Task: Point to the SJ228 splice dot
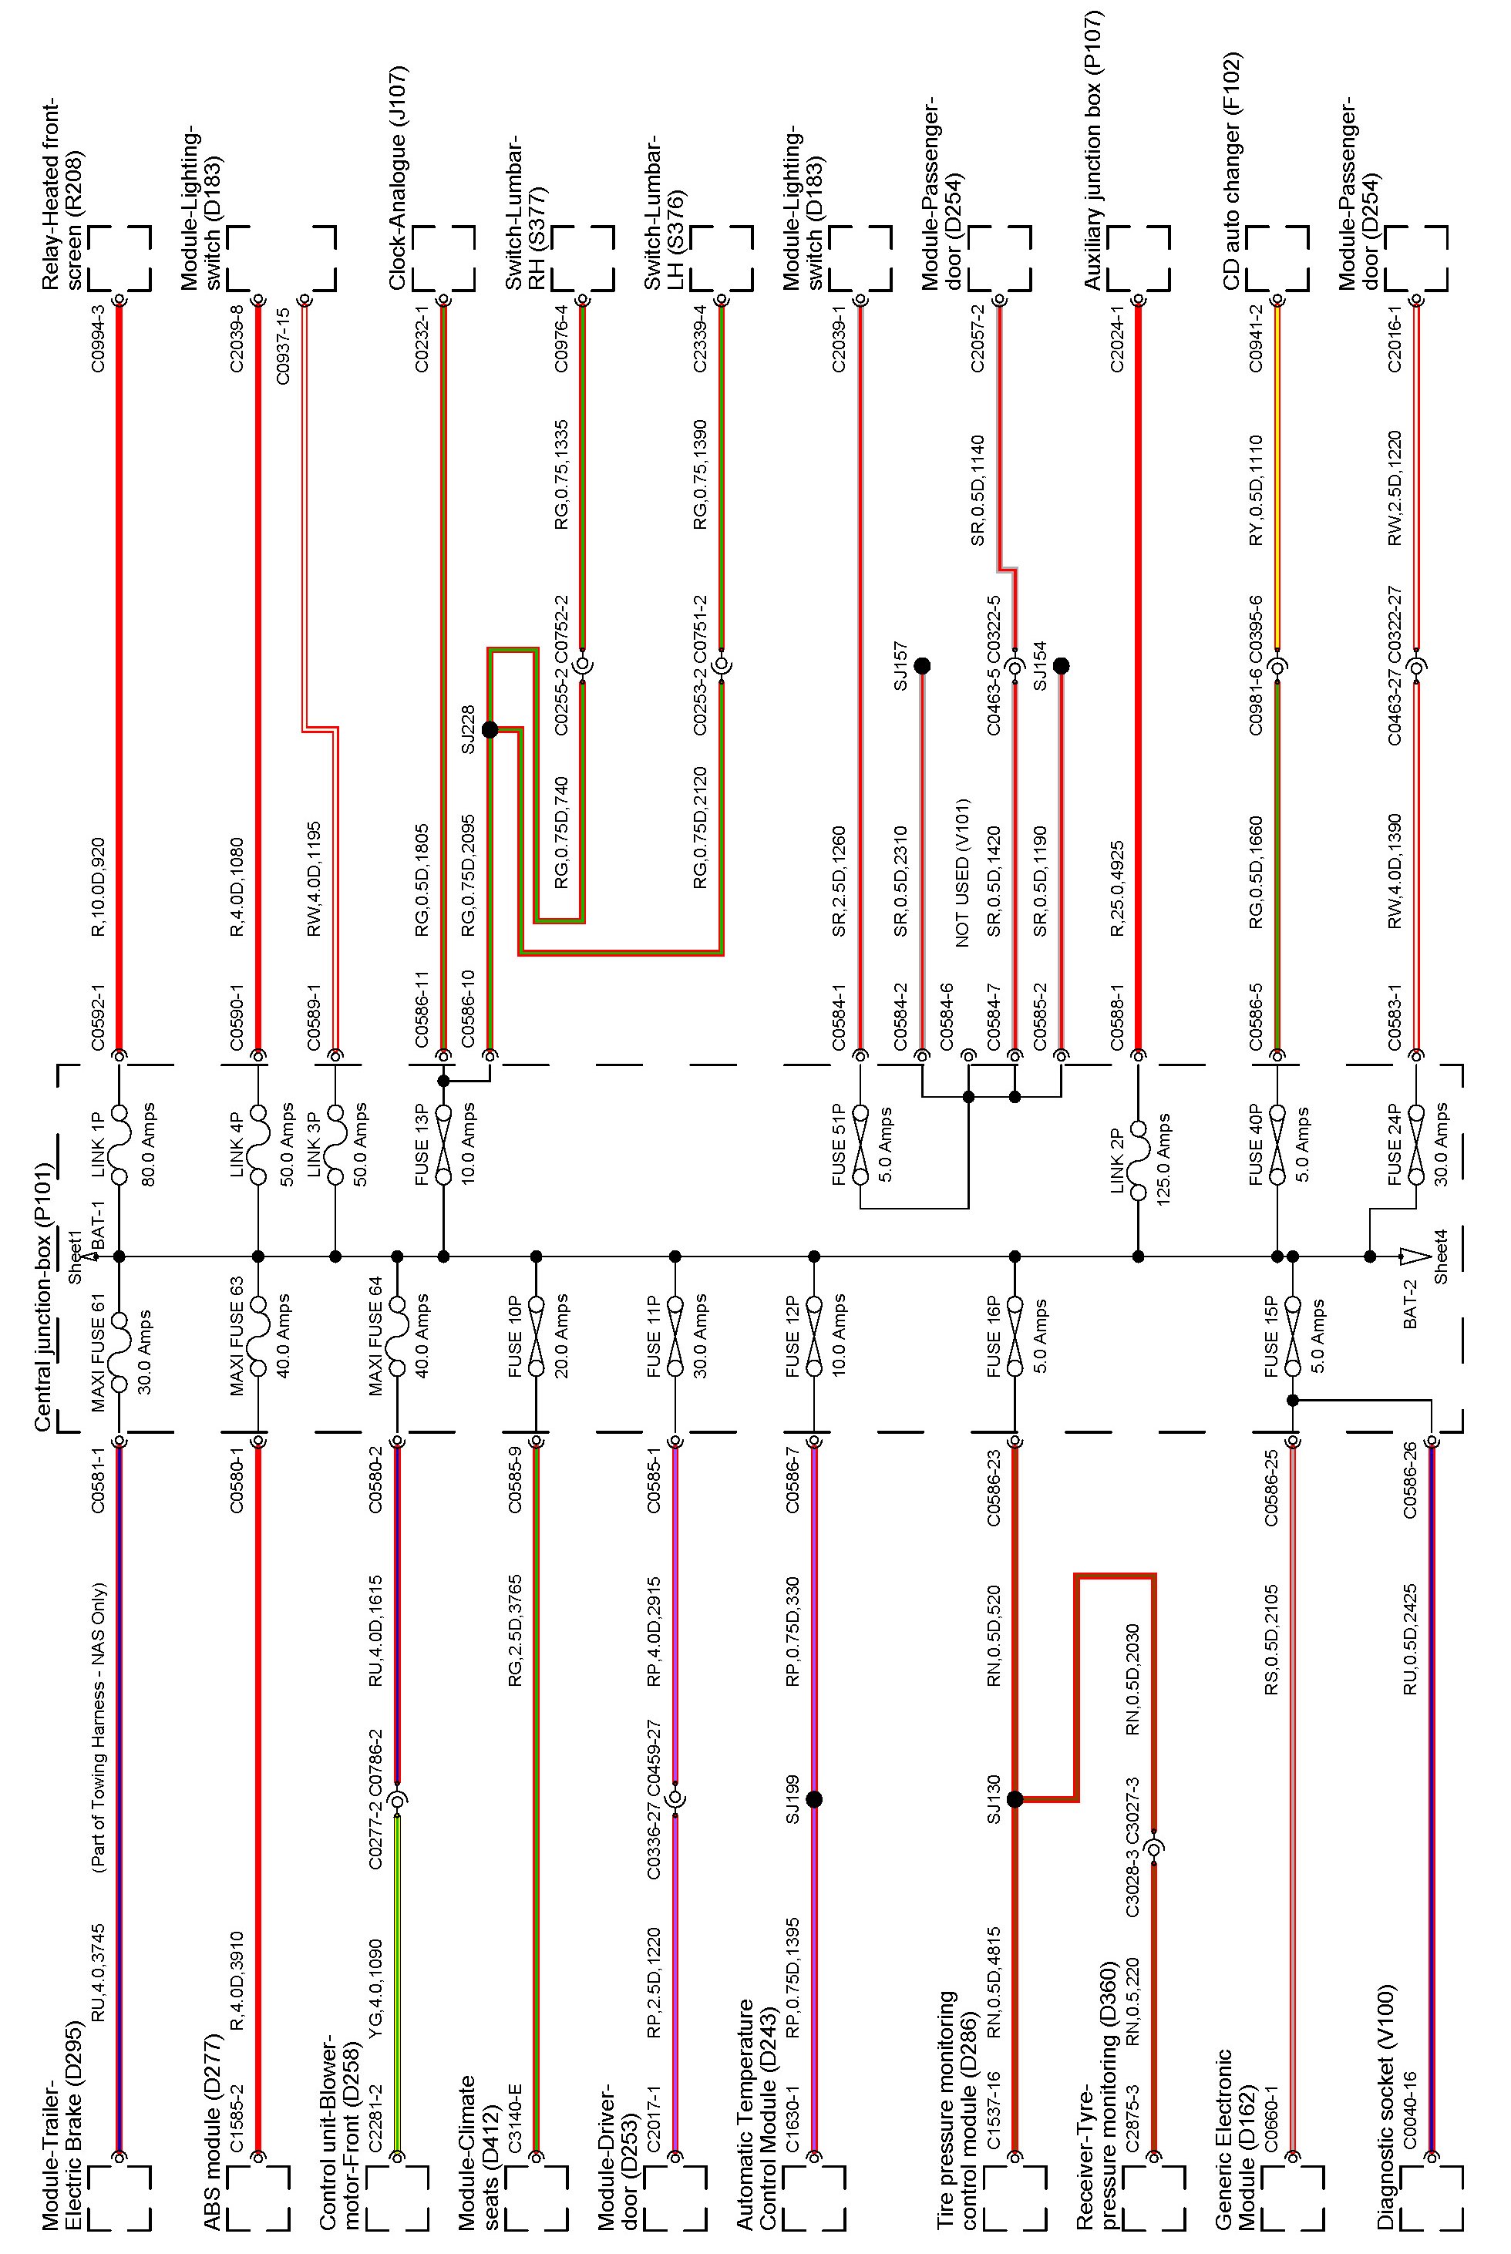(490, 729)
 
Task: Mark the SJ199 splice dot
(814, 1799)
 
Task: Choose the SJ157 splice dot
(922, 666)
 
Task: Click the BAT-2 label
(1411, 1305)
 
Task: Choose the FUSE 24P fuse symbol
(1415, 1145)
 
